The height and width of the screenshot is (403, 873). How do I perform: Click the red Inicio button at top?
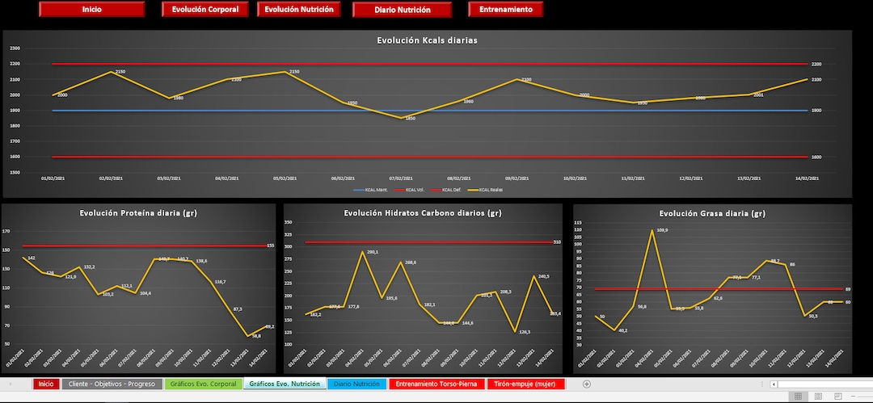click(x=91, y=10)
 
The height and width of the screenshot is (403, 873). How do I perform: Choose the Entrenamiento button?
click(x=505, y=10)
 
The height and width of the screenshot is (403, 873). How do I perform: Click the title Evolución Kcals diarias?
click(x=427, y=40)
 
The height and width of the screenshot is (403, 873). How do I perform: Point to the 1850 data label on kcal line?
click(x=410, y=119)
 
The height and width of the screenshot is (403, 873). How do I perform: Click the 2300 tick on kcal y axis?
click(x=15, y=48)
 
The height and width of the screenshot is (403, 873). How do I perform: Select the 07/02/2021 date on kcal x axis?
click(x=402, y=178)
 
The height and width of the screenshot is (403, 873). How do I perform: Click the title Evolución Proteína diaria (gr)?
click(x=138, y=213)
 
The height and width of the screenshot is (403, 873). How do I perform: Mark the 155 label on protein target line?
click(x=270, y=246)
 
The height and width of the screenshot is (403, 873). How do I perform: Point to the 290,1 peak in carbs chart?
click(x=372, y=252)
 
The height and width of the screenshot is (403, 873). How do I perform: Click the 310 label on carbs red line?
click(x=557, y=242)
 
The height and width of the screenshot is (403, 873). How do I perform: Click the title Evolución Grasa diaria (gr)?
click(x=712, y=213)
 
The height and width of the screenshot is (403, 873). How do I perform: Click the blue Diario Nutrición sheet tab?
click(x=356, y=384)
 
